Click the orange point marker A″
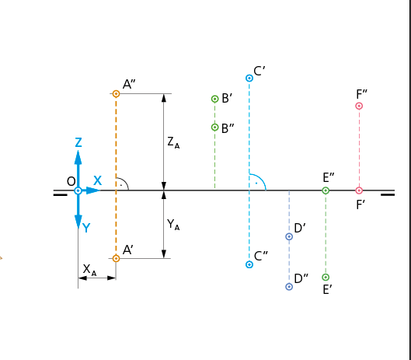tap(116, 93)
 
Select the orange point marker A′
tap(116, 258)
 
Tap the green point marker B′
tap(214, 99)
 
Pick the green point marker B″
tap(214, 128)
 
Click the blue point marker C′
tap(249, 78)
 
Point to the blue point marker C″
tap(249, 264)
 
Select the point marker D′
tap(289, 236)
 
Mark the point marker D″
tap(289, 287)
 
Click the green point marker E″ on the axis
tap(326, 190)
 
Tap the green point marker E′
tap(326, 277)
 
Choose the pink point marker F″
tap(359, 106)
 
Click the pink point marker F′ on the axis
tap(359, 190)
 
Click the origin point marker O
tap(78, 190)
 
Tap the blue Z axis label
tap(78, 142)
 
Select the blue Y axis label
tap(86, 228)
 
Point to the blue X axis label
tap(98, 181)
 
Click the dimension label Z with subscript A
tap(173, 143)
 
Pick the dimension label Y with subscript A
tap(173, 225)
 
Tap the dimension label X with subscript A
tap(89, 270)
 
